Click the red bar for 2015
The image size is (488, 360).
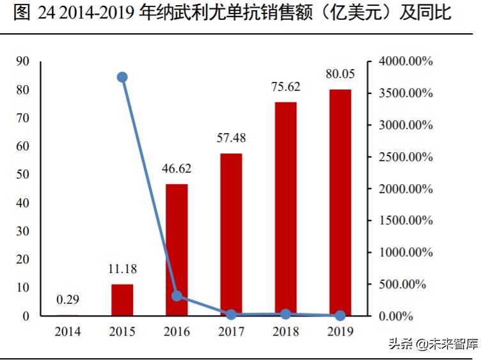click(x=122, y=300)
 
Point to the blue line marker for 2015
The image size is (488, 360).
click(x=122, y=77)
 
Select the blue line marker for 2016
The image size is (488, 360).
click(x=177, y=295)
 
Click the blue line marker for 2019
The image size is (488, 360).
click(x=340, y=315)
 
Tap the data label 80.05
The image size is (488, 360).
click(x=340, y=74)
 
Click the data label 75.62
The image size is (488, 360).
click(x=285, y=87)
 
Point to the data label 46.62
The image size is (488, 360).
click(x=177, y=169)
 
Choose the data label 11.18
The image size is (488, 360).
click(x=122, y=269)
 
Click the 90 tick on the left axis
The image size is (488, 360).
click(x=23, y=61)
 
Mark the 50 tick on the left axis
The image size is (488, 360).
click(x=23, y=175)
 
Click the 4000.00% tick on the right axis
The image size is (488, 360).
click(x=404, y=61)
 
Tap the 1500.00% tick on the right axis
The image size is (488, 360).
click(x=404, y=221)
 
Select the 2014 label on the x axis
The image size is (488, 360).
click(x=68, y=331)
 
